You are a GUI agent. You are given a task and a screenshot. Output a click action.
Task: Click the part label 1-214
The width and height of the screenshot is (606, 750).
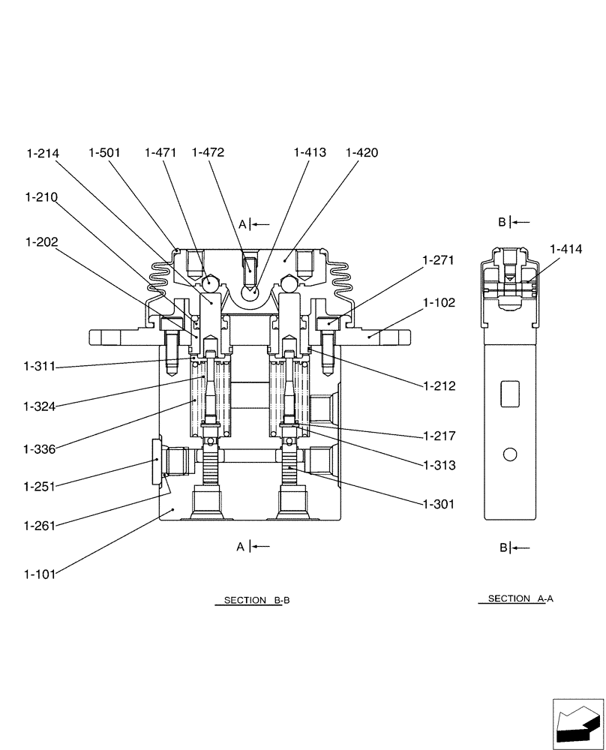pyautogui.click(x=43, y=153)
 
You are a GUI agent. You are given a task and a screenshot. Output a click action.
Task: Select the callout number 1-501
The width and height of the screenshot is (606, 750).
pyautogui.click(x=104, y=153)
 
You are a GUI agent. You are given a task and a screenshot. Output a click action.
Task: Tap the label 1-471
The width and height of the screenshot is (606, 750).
pyautogui.click(x=160, y=153)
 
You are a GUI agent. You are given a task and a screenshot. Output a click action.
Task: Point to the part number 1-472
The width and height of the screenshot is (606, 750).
pyautogui.click(x=208, y=153)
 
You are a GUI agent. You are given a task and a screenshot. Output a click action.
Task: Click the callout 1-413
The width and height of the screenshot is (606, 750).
pyautogui.click(x=310, y=153)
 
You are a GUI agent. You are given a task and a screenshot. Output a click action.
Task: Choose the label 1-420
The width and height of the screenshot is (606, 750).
pyautogui.click(x=361, y=153)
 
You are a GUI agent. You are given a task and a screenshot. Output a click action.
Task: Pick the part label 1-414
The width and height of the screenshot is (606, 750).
pyautogui.click(x=566, y=249)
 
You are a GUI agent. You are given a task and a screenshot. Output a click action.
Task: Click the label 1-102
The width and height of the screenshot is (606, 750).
pyautogui.click(x=439, y=303)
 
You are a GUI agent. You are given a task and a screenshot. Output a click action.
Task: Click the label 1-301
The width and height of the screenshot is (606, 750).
pyautogui.click(x=439, y=505)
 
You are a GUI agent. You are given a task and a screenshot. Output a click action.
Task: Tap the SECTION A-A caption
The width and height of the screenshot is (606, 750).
pyautogui.click(x=520, y=599)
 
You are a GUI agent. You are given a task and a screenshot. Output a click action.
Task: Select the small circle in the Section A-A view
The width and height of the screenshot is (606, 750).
pyautogui.click(x=511, y=454)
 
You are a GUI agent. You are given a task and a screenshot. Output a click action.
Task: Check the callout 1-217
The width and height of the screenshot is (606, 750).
pyautogui.click(x=439, y=435)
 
